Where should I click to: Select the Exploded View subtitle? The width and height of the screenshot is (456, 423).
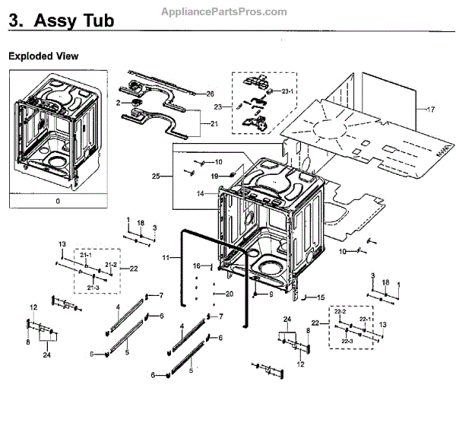[x=43, y=56]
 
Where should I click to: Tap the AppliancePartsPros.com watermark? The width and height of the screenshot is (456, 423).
[x=225, y=11]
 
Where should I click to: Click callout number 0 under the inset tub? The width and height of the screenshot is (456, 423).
[x=57, y=201]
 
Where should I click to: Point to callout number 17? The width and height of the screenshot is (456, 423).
[x=431, y=110]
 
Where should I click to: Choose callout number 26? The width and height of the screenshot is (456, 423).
[x=211, y=94]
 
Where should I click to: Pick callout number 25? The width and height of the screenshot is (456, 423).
[x=156, y=177]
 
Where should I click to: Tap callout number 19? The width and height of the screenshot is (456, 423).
[x=214, y=176]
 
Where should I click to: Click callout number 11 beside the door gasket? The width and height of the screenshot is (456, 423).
[x=164, y=259]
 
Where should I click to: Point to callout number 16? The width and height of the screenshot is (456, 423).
[x=195, y=266]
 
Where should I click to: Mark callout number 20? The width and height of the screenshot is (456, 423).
[x=230, y=294]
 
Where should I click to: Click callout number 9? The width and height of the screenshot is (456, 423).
[x=271, y=294]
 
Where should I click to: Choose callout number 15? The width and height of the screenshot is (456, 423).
[x=321, y=297]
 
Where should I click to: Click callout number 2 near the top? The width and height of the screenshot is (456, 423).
[x=119, y=103]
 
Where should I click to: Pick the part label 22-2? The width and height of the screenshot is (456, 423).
[x=340, y=313]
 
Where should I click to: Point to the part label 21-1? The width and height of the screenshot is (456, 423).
[x=85, y=254]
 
